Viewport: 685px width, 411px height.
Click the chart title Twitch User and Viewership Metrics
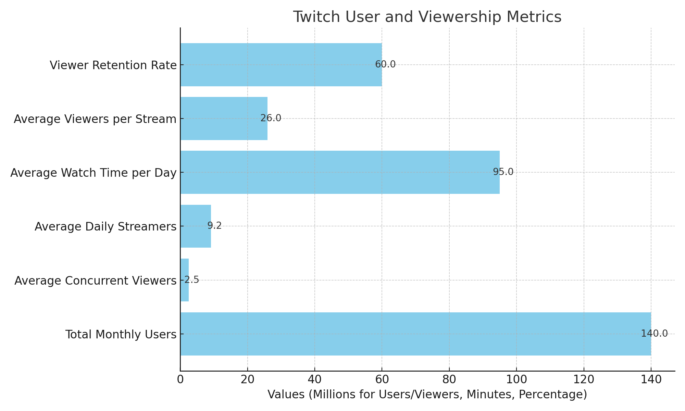click(x=427, y=17)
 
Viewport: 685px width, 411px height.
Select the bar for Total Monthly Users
click(x=415, y=334)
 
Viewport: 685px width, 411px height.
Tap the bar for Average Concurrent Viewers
click(x=185, y=280)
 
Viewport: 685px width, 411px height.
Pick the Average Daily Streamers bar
click(x=196, y=226)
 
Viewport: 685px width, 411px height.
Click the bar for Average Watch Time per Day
click(x=340, y=172)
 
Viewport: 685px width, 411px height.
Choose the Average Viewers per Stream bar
click(x=224, y=119)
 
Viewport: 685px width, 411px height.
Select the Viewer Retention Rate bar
click(x=281, y=65)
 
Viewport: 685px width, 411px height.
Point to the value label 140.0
click(x=654, y=334)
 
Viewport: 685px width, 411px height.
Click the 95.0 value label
click(x=503, y=172)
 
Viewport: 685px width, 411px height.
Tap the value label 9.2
click(x=214, y=226)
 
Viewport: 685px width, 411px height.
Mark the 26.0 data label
click(x=271, y=118)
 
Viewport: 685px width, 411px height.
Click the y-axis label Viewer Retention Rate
click(x=113, y=65)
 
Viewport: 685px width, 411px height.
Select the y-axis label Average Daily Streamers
click(x=105, y=227)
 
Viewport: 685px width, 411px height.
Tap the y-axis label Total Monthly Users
click(x=121, y=335)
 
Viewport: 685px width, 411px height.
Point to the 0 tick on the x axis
click(x=180, y=379)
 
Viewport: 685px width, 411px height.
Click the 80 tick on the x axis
click(x=449, y=379)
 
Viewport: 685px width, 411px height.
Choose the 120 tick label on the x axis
click(x=584, y=379)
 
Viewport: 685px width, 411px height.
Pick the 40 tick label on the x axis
click(x=315, y=379)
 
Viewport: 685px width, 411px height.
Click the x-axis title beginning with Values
click(x=427, y=395)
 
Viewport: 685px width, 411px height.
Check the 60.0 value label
click(x=385, y=64)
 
